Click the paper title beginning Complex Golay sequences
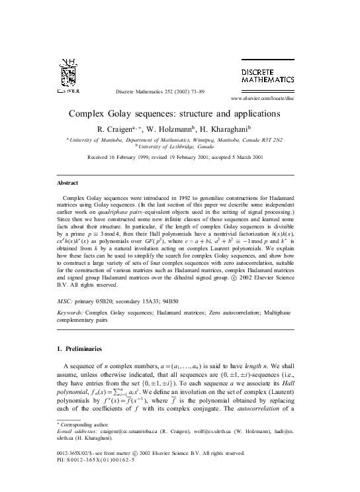(x=179, y=114)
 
